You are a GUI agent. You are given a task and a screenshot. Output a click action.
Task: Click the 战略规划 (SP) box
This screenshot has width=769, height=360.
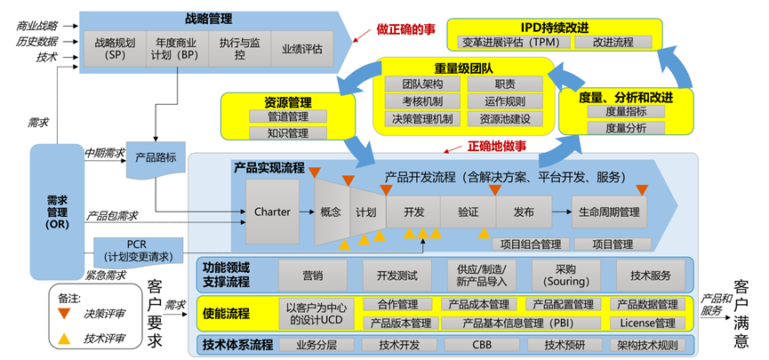click(116, 47)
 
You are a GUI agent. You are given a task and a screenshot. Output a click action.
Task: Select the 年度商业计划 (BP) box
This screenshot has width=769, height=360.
click(177, 47)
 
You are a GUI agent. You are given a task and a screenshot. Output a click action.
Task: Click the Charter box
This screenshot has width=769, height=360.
click(272, 212)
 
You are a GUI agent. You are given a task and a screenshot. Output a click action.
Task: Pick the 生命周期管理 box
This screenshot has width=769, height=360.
click(609, 212)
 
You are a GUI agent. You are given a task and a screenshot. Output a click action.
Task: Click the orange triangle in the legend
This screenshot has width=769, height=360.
click(64, 313)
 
